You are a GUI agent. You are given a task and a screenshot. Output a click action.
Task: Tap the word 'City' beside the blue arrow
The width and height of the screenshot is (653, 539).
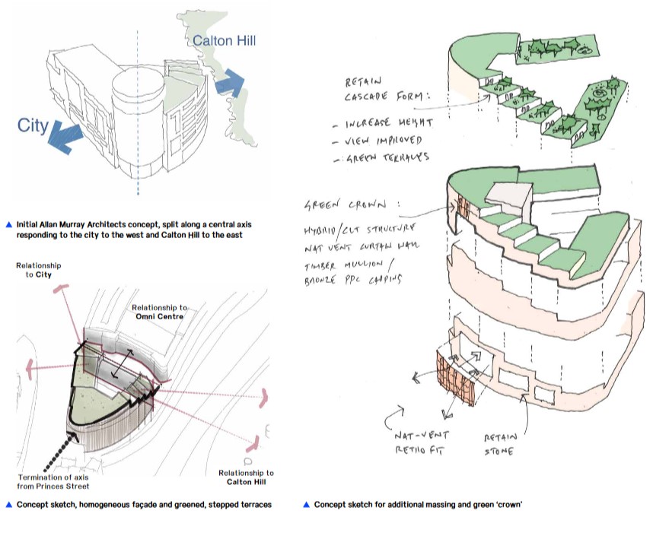pos(33,125)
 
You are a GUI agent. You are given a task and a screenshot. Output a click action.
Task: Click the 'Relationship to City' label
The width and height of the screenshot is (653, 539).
pos(39,270)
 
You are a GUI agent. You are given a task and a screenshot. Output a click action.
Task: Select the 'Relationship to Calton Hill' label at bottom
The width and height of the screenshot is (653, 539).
pos(245,477)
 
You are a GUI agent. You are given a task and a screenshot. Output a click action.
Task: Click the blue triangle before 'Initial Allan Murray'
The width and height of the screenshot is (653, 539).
pos(8,225)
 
